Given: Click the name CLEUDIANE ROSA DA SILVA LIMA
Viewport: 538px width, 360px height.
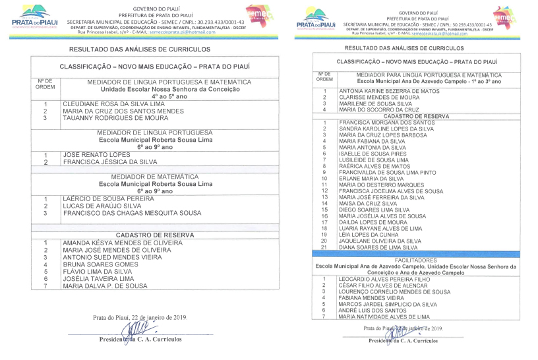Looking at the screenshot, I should coord(113,104).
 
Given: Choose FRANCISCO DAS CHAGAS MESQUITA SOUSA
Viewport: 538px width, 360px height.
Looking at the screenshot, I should coord(131,213).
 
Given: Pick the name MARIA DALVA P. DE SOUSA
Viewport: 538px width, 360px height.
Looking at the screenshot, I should coord(105,286).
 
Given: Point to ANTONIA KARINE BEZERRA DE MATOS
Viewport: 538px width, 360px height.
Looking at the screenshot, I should coord(388,91).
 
